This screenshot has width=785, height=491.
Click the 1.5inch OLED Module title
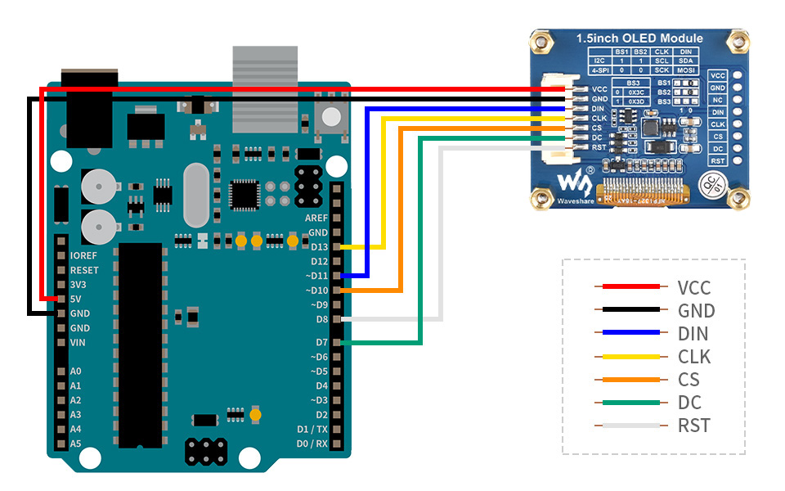point(639,38)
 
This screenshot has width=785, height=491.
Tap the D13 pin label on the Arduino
point(318,247)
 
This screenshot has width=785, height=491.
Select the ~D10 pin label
point(316,291)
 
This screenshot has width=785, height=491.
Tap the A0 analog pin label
point(76,372)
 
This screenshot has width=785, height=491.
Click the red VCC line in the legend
point(630,287)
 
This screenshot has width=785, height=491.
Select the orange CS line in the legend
point(630,380)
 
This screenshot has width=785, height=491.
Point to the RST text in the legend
point(693,426)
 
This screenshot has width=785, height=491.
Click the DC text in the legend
point(689,403)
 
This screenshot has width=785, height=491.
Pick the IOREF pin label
point(84,255)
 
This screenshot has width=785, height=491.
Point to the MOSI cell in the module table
point(685,71)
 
